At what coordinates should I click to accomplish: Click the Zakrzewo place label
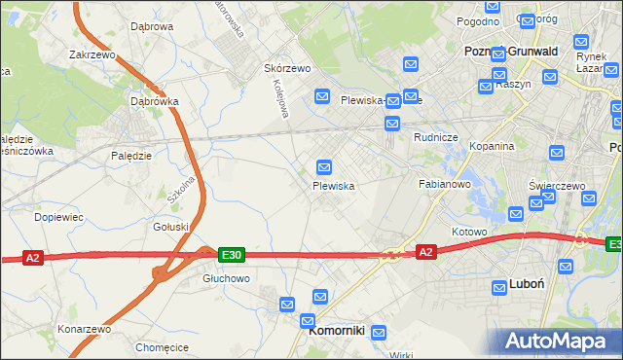[x=93, y=55]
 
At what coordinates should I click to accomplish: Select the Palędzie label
[x=130, y=156]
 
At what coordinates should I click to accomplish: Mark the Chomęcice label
[x=163, y=347]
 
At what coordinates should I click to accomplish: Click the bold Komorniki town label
[x=336, y=331]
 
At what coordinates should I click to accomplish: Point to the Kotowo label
[x=468, y=233]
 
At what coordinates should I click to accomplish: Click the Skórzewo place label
[x=287, y=69]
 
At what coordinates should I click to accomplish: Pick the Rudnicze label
[x=435, y=137]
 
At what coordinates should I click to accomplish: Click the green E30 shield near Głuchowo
[x=231, y=255]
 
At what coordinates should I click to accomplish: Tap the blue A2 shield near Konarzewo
[x=33, y=258]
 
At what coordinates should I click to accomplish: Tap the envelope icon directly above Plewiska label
[x=325, y=166]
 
